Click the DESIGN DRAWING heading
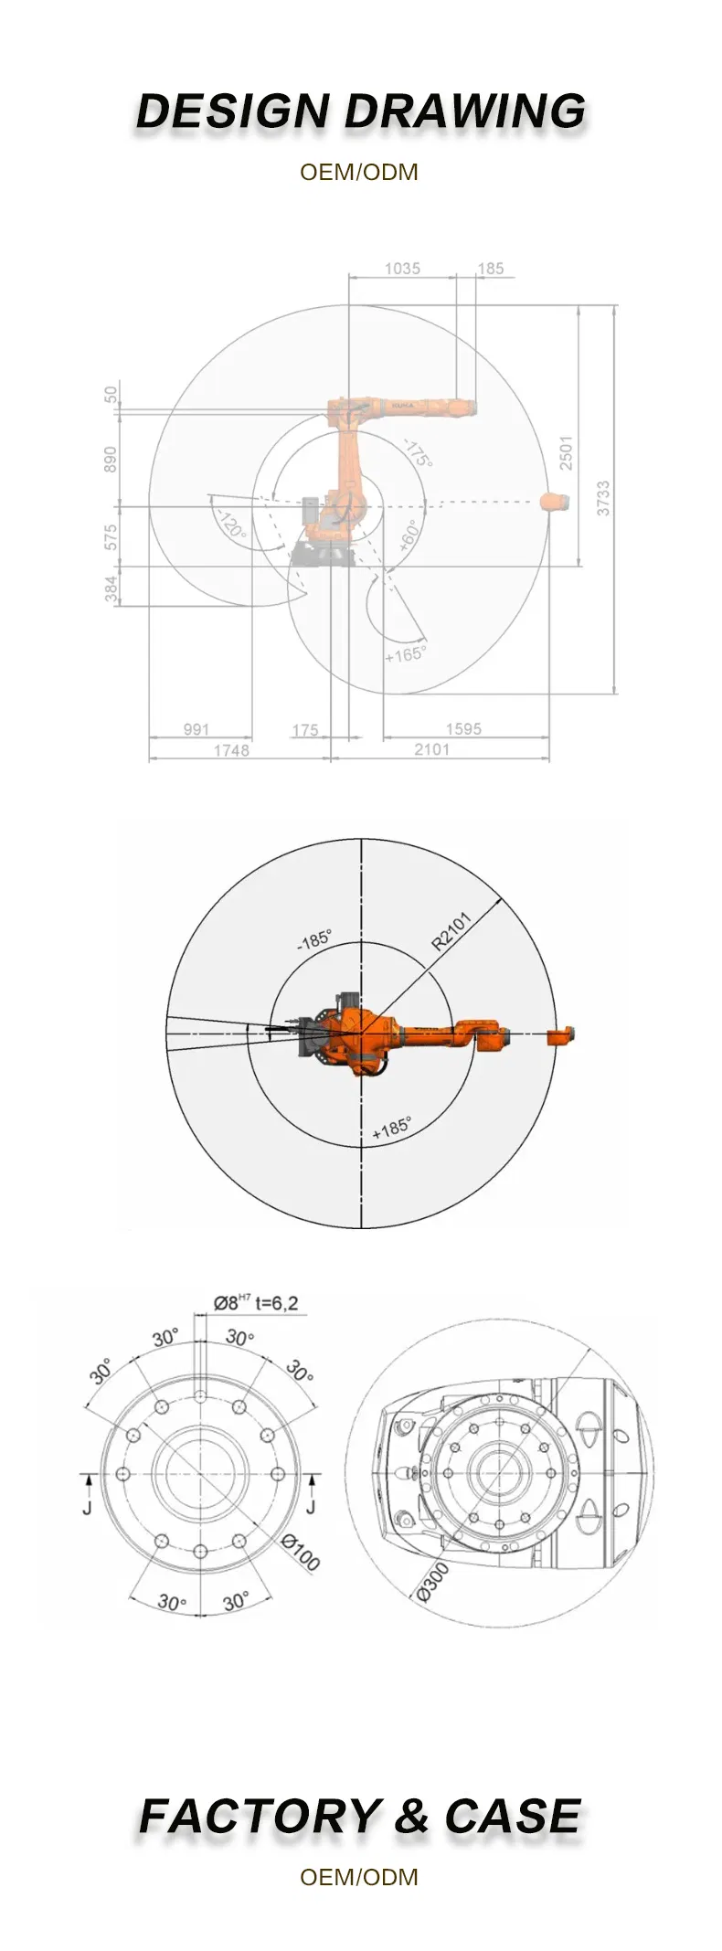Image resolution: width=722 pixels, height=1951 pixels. tap(361, 112)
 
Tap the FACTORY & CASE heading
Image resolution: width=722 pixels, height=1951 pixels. tap(360, 1815)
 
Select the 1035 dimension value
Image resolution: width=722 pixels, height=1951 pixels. tap(402, 268)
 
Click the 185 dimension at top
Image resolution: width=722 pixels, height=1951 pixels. tap(491, 268)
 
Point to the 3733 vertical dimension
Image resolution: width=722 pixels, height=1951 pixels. tap(603, 498)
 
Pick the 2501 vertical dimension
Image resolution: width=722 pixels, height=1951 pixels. tap(567, 453)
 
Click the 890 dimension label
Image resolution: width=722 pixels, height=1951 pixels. tap(111, 459)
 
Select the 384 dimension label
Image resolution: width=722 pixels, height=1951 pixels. tap(111, 588)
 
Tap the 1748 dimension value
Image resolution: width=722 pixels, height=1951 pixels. tap(231, 750)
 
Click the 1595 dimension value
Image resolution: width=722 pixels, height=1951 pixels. tap(463, 728)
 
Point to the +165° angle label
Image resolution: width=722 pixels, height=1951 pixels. tap(405, 654)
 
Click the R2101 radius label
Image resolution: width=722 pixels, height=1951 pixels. tap(451, 931)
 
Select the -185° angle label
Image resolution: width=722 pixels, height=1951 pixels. tap(314, 940)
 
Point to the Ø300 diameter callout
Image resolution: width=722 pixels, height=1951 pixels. tap(433, 1582)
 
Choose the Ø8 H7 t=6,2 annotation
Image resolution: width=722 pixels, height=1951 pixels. tap(256, 1302)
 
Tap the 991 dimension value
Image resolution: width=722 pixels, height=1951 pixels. tap(196, 728)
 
